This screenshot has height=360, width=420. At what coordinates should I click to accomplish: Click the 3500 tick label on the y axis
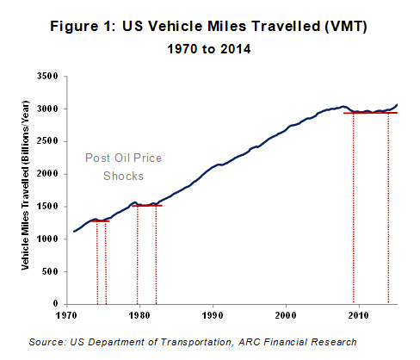pos(47,77)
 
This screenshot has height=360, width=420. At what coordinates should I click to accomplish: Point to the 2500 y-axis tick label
pos(47,141)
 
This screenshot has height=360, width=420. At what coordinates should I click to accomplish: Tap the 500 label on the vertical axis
pos(50,271)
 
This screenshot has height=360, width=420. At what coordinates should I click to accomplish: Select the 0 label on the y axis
pos(56,304)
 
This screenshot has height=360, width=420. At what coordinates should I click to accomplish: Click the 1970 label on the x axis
pos(66,315)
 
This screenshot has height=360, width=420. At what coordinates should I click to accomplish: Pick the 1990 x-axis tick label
pos(213,315)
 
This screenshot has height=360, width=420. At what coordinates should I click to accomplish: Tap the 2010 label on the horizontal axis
pos(359,315)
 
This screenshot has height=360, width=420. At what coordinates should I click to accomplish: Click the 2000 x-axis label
pos(286,315)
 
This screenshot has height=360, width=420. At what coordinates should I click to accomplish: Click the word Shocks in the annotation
pos(123,176)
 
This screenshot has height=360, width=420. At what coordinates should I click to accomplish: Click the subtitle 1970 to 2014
pos(209,49)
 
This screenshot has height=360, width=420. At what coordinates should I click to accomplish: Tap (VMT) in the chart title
pos(346,27)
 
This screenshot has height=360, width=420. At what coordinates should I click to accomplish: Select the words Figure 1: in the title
pos(83,27)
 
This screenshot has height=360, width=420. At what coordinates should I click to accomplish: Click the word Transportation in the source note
pos(196,342)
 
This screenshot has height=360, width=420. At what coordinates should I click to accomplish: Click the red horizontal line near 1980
pos(147,206)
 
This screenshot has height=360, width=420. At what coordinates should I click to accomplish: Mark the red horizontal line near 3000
pos(370,113)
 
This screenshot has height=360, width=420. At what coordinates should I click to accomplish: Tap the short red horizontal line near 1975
pos(101,221)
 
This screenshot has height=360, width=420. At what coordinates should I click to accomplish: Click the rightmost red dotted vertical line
pos(388,208)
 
